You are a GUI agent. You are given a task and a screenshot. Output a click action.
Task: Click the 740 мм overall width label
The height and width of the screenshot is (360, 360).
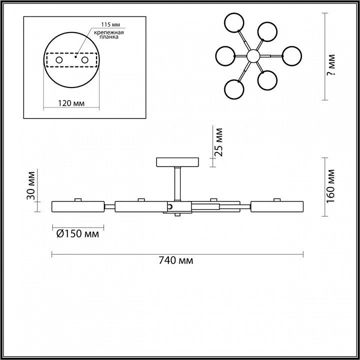click(x=176, y=260)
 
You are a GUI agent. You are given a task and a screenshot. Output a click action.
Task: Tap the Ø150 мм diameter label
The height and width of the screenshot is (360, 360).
click(x=77, y=233)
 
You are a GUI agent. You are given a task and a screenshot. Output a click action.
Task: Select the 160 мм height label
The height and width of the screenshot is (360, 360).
click(x=330, y=186)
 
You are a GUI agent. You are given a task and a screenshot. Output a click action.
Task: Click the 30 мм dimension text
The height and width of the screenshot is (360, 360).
click(x=31, y=185)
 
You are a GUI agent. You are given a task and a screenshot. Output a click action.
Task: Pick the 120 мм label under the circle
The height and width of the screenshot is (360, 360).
click(x=71, y=103)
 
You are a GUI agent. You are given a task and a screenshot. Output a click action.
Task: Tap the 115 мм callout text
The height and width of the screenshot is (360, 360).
click(x=110, y=24)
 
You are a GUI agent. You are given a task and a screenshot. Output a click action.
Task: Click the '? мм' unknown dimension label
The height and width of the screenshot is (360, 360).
click(x=331, y=64)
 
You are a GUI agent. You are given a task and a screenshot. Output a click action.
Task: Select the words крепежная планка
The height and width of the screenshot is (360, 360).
click(x=109, y=34)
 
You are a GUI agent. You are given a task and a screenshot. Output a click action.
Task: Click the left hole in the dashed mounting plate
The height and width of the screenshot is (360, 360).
click(x=59, y=60)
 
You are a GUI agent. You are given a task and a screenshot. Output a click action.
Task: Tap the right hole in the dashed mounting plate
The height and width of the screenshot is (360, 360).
click(x=84, y=60)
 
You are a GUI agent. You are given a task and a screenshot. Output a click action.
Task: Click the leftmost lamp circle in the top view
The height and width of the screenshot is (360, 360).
click(x=216, y=56)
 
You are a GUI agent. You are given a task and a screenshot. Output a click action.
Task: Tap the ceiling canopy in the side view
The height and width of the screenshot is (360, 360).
click(x=177, y=162)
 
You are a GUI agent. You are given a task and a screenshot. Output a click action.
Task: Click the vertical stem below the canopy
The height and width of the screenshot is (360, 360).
click(x=177, y=184)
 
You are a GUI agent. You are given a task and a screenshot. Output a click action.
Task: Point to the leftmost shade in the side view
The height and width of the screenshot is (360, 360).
click(x=78, y=206)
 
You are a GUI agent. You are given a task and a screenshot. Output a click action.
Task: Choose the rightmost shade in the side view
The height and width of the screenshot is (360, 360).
click(x=277, y=206)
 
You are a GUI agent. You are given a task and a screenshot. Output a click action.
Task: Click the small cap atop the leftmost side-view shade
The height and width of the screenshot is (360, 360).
click(x=78, y=199)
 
